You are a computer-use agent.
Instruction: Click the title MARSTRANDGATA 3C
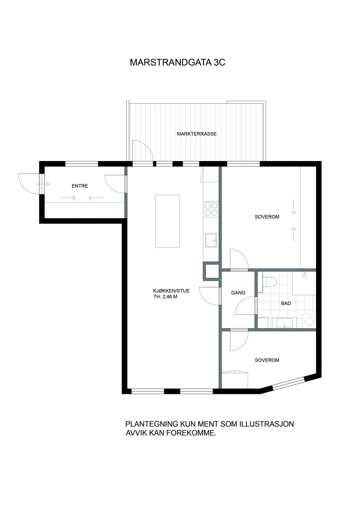(177, 62)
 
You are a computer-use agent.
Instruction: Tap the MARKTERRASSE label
(197, 134)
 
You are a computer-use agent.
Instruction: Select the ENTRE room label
(80, 186)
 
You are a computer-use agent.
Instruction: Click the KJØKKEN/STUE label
(171, 291)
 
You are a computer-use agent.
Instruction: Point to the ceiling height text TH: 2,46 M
(165, 296)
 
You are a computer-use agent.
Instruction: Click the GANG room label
(238, 293)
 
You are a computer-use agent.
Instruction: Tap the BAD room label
(286, 303)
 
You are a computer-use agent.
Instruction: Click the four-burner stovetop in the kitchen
(211, 209)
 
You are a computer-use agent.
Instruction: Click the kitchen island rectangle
(167, 221)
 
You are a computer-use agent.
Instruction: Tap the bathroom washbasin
(284, 323)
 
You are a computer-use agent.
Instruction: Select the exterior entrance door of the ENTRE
(29, 184)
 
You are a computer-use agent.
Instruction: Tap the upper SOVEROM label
(267, 217)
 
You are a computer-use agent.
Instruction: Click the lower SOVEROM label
(267, 360)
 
